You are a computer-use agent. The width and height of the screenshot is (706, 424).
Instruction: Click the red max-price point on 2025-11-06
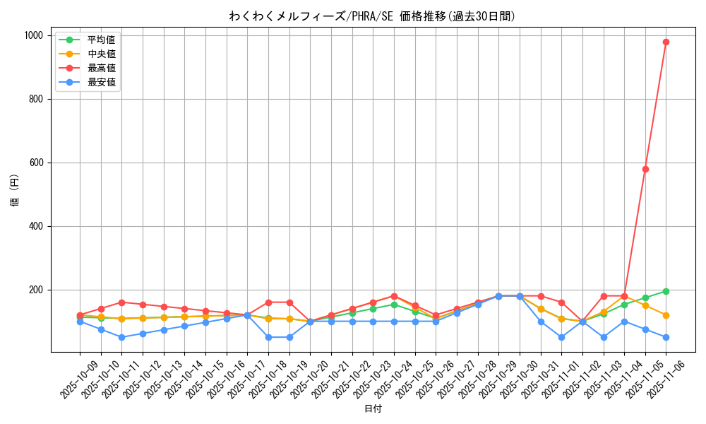(x=666, y=42)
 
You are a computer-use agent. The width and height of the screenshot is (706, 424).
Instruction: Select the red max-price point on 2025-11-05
(x=645, y=169)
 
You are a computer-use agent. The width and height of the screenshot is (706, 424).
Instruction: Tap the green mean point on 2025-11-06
(x=666, y=291)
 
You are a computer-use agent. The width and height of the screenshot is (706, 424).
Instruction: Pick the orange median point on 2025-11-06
(x=666, y=315)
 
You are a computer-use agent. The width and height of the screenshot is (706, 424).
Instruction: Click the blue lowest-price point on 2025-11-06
(x=666, y=337)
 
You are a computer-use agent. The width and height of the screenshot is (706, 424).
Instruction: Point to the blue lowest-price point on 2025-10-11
(x=121, y=337)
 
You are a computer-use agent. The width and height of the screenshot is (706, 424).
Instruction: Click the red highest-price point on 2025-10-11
(x=121, y=302)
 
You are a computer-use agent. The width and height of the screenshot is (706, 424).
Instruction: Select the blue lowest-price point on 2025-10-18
(x=268, y=337)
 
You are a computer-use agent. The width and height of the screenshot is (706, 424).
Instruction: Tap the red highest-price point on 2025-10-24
(x=394, y=296)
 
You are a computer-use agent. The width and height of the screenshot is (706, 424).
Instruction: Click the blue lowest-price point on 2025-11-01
(x=561, y=337)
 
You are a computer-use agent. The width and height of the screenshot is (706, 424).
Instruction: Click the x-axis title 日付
(x=373, y=409)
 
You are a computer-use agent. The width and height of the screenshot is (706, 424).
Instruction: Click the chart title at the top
(x=373, y=16)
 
